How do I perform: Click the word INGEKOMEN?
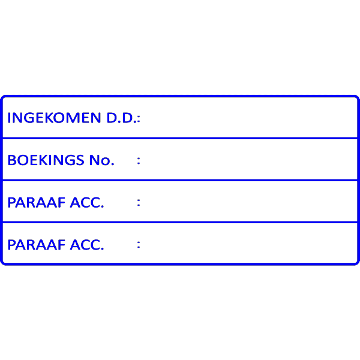[54, 118]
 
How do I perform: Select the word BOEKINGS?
[46, 160]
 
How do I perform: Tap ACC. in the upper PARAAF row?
[87, 202]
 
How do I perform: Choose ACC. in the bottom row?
[87, 245]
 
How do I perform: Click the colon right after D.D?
[139, 119]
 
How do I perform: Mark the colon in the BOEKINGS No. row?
[139, 161]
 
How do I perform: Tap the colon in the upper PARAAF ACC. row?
[139, 203]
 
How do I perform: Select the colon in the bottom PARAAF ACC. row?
[139, 245]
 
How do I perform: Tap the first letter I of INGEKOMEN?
[9, 118]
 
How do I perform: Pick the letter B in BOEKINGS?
[11, 160]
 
